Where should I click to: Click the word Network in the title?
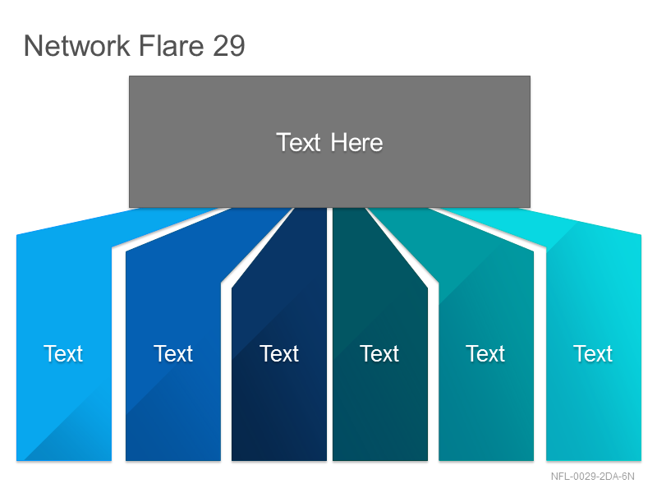(77, 45)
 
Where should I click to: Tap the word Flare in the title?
(172, 45)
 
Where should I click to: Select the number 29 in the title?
(229, 45)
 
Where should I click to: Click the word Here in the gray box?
(356, 142)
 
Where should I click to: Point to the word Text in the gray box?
(298, 142)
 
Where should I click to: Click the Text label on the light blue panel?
(63, 353)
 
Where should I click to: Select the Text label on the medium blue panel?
(173, 353)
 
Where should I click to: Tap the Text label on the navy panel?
(279, 353)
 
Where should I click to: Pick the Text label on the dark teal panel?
(379, 353)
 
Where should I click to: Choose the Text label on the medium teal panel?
(485, 353)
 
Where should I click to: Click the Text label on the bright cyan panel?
(593, 353)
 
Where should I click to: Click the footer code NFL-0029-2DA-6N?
(592, 477)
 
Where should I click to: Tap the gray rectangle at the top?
(330, 141)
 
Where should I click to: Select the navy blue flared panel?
(279, 357)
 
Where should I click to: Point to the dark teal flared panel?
(380, 357)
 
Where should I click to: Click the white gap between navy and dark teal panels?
(330, 334)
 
